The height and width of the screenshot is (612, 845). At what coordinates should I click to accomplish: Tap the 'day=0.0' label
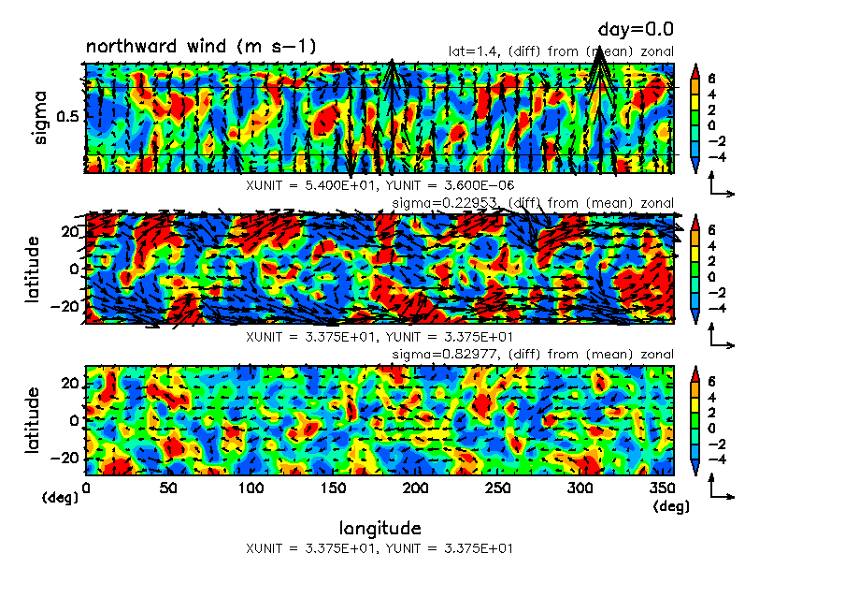(636, 30)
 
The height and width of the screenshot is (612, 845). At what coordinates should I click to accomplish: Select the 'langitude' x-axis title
(380, 528)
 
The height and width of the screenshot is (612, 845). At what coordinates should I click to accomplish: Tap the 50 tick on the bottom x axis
(168, 488)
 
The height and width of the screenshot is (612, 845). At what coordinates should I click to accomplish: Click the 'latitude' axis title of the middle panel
(34, 269)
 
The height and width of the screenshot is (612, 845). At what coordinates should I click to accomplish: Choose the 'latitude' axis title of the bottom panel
(34, 420)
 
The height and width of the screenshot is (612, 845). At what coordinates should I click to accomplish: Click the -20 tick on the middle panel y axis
(66, 306)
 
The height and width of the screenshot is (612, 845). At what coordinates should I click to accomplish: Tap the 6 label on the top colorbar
(710, 79)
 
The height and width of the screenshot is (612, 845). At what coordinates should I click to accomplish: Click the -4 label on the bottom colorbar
(713, 459)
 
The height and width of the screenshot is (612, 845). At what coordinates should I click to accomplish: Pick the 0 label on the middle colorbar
(710, 278)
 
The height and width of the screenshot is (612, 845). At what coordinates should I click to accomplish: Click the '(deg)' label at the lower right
(671, 507)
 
